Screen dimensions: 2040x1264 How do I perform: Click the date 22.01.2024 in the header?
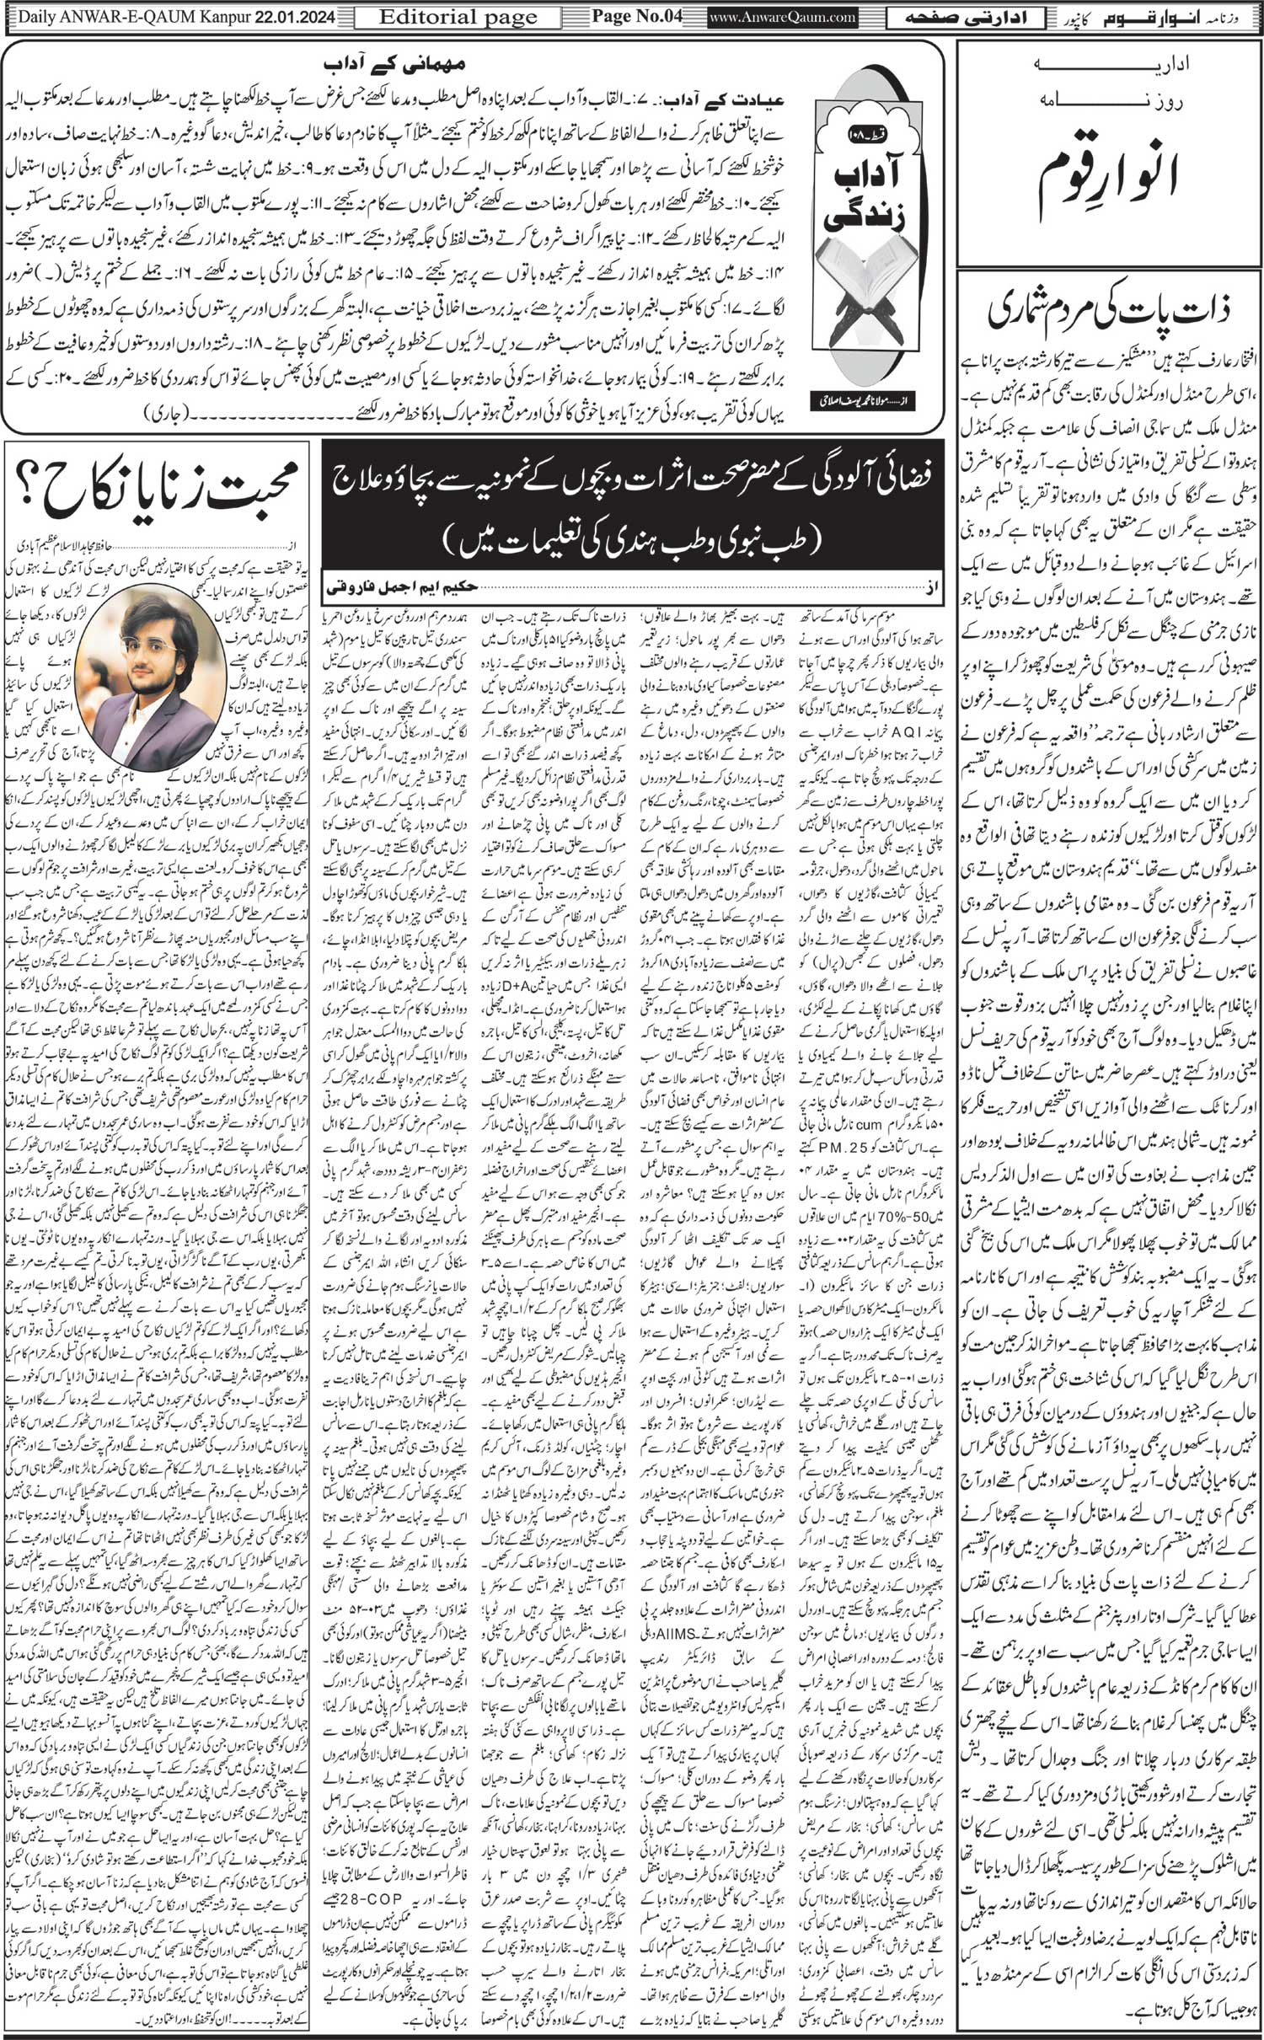tap(286, 16)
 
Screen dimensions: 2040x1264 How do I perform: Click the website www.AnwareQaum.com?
tap(783, 16)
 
